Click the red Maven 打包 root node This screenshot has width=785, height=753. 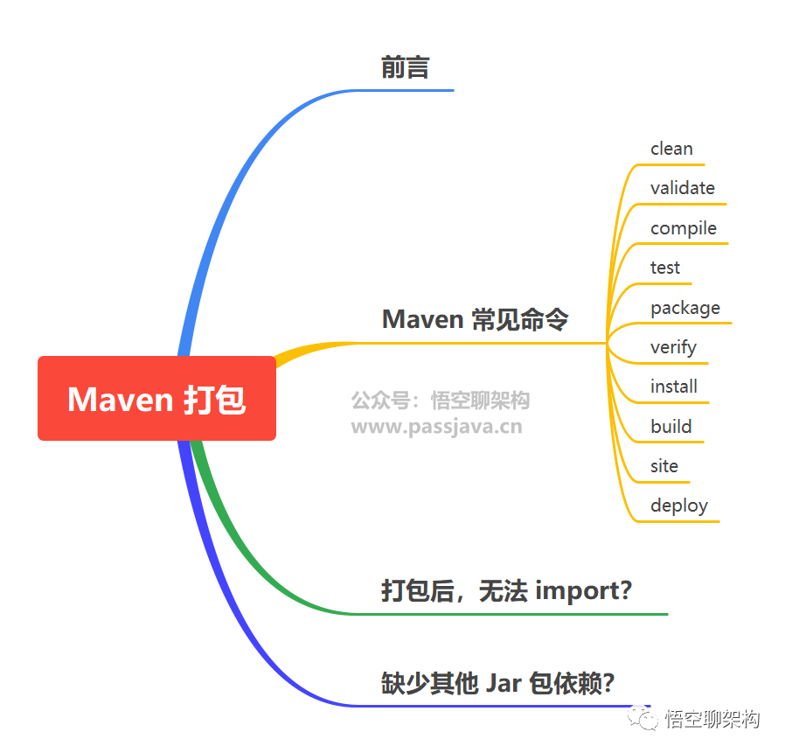point(157,399)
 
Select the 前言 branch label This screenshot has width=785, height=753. point(405,68)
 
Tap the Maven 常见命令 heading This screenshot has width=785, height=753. point(475,319)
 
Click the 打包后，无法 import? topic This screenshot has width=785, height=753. point(506,590)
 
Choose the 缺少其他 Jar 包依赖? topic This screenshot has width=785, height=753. point(497,682)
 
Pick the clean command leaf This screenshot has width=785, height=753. point(671,149)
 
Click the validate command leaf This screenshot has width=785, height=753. point(682,188)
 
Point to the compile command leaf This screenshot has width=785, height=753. point(683,228)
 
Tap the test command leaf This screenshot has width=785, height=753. point(664,268)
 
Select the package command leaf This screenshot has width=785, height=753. point(684,308)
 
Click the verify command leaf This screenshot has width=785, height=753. point(673,347)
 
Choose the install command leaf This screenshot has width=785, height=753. point(673,387)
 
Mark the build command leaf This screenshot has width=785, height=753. point(670,427)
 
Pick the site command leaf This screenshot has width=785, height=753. point(663,466)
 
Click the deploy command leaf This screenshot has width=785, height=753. point(678,505)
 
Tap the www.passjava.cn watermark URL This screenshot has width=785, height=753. point(436,427)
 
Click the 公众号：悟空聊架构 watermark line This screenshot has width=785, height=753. point(441,401)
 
